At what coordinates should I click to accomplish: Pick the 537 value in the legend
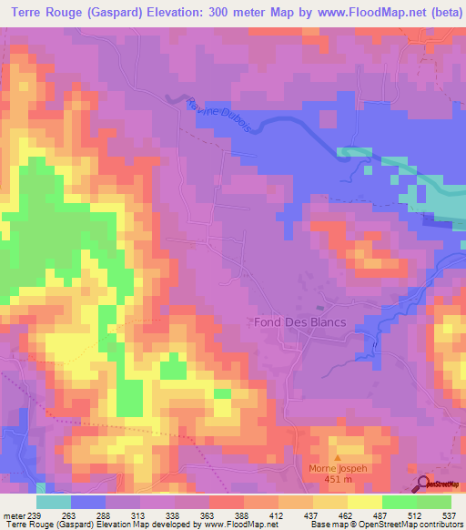pos(449,515)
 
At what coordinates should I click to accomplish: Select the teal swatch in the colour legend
pos(54,502)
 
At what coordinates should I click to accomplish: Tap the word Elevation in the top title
pos(172,13)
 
